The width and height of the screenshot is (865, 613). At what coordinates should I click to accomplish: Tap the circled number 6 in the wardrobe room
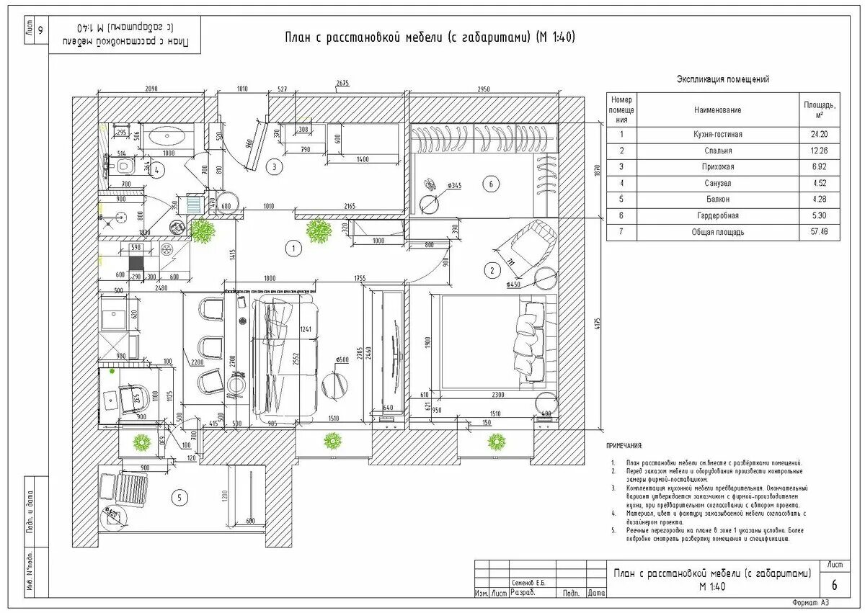pyautogui.click(x=491, y=184)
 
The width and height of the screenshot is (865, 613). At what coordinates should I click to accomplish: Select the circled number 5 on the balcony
pyautogui.click(x=180, y=496)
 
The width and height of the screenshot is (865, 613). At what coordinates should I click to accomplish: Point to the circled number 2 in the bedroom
pyautogui.click(x=492, y=270)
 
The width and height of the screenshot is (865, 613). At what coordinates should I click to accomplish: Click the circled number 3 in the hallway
pyautogui.click(x=273, y=166)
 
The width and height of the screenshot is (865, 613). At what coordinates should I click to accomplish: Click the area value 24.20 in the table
pyautogui.click(x=820, y=134)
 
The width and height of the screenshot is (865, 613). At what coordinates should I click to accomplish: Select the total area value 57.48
pyautogui.click(x=820, y=232)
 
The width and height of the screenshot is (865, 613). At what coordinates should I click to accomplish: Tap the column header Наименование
pyautogui.click(x=718, y=110)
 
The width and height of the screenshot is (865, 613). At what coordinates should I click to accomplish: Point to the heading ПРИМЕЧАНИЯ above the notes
pyautogui.click(x=624, y=447)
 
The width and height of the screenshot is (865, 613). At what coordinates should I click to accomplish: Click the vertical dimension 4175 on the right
pyautogui.click(x=597, y=324)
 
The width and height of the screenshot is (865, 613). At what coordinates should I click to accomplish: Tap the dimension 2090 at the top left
pyautogui.click(x=151, y=89)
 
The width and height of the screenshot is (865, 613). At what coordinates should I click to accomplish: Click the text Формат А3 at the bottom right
pyautogui.click(x=811, y=602)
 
